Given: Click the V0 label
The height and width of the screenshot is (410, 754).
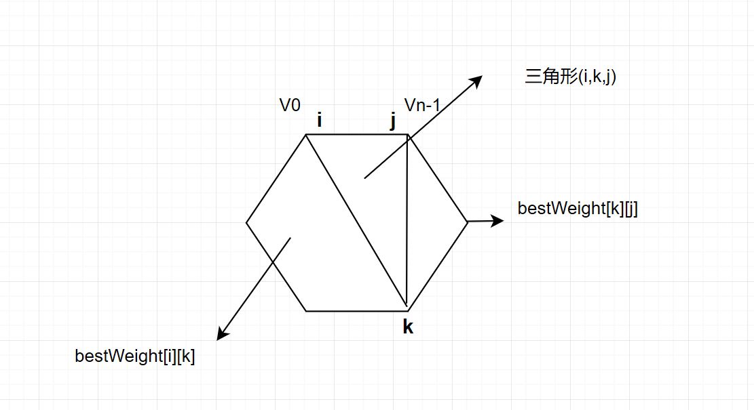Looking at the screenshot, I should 290,105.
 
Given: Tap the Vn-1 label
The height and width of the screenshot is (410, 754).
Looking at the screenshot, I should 422,105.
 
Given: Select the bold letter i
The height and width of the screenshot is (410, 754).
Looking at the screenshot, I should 319,121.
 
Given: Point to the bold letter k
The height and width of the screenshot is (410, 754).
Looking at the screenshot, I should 408,327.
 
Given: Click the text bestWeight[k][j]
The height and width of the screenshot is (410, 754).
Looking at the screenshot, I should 578,208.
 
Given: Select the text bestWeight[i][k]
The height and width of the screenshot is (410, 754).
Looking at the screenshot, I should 135,356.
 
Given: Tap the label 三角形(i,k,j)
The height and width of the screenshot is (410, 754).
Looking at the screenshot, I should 570,77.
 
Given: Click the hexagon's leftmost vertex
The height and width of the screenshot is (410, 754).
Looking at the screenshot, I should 246,222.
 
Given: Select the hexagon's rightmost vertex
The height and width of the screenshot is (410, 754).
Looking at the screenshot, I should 468,222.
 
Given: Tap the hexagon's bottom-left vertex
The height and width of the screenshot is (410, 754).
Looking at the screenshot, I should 306,311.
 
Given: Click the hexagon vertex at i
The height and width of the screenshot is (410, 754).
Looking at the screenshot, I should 306,134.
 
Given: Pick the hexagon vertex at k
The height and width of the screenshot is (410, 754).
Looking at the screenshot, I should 407,308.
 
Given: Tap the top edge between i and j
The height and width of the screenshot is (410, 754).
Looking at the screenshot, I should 356,134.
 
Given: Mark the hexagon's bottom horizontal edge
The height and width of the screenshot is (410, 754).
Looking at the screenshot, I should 356,311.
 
